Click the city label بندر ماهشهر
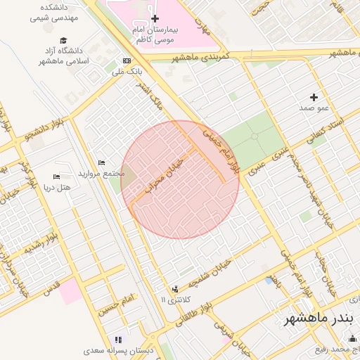(x=316, y=319)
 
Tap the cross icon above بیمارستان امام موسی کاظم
(x=155, y=18)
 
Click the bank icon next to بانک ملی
(x=127, y=60)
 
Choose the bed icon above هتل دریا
(x=57, y=176)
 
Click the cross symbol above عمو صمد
(x=314, y=96)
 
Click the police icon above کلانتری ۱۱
(x=174, y=288)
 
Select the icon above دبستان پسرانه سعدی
(x=118, y=339)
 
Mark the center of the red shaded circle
(x=180, y=179)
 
